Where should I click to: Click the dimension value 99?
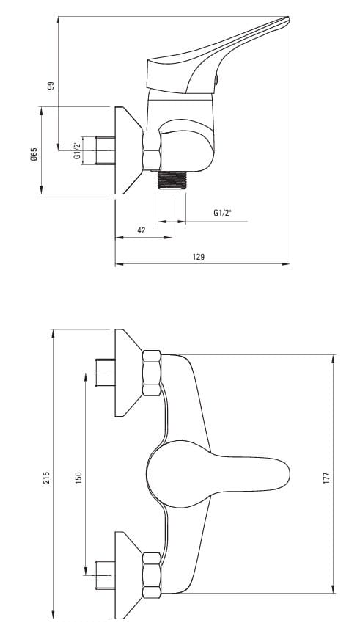pyautogui.click(x=51, y=86)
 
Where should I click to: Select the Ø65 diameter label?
pyautogui.click(x=34, y=155)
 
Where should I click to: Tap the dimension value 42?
pyautogui.click(x=142, y=230)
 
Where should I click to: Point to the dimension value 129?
pyautogui.click(x=198, y=257)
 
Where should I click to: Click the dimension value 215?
pyautogui.click(x=47, y=477)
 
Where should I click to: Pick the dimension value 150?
pyautogui.click(x=79, y=477)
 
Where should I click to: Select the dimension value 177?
pyautogui.click(x=326, y=477)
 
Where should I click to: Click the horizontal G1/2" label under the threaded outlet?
pyautogui.click(x=222, y=213)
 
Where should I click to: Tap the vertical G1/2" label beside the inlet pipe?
pyautogui.click(x=77, y=150)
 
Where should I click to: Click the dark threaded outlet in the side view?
pyautogui.click(x=172, y=180)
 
